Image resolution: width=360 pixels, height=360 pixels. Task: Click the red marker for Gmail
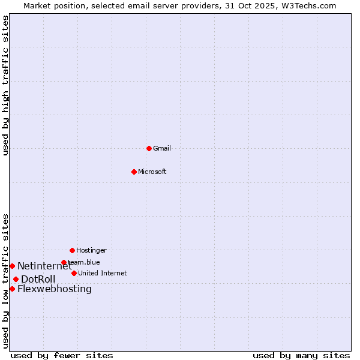click(x=149, y=148)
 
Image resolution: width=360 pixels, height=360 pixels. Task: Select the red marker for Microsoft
click(x=134, y=172)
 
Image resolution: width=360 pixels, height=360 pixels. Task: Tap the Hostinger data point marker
click(x=72, y=250)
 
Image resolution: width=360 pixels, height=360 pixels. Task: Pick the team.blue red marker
click(x=64, y=262)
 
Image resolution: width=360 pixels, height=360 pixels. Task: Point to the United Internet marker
click(x=74, y=273)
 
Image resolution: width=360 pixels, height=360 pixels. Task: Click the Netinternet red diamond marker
click(x=12, y=266)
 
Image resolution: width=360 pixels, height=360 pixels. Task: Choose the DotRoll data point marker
click(x=16, y=279)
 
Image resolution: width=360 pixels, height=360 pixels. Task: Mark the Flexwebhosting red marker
click(x=12, y=289)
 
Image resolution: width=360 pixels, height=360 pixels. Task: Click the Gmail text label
click(x=162, y=148)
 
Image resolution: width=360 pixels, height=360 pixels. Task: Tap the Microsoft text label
click(x=152, y=172)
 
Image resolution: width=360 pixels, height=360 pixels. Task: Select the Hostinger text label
click(x=91, y=250)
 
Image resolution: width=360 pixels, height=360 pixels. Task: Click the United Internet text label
click(x=103, y=273)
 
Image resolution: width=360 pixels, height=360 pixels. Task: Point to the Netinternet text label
click(x=44, y=266)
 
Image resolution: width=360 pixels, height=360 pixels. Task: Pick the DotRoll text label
click(x=38, y=280)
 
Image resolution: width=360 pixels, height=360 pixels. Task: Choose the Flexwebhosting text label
click(x=55, y=289)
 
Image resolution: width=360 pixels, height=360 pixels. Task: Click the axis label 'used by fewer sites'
click(x=62, y=356)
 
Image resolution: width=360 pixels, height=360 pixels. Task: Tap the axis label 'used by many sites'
click(x=301, y=356)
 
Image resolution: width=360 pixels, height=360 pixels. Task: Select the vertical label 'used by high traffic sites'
click(x=6, y=85)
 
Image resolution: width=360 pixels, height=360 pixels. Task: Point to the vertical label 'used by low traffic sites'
click(x=6, y=280)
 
